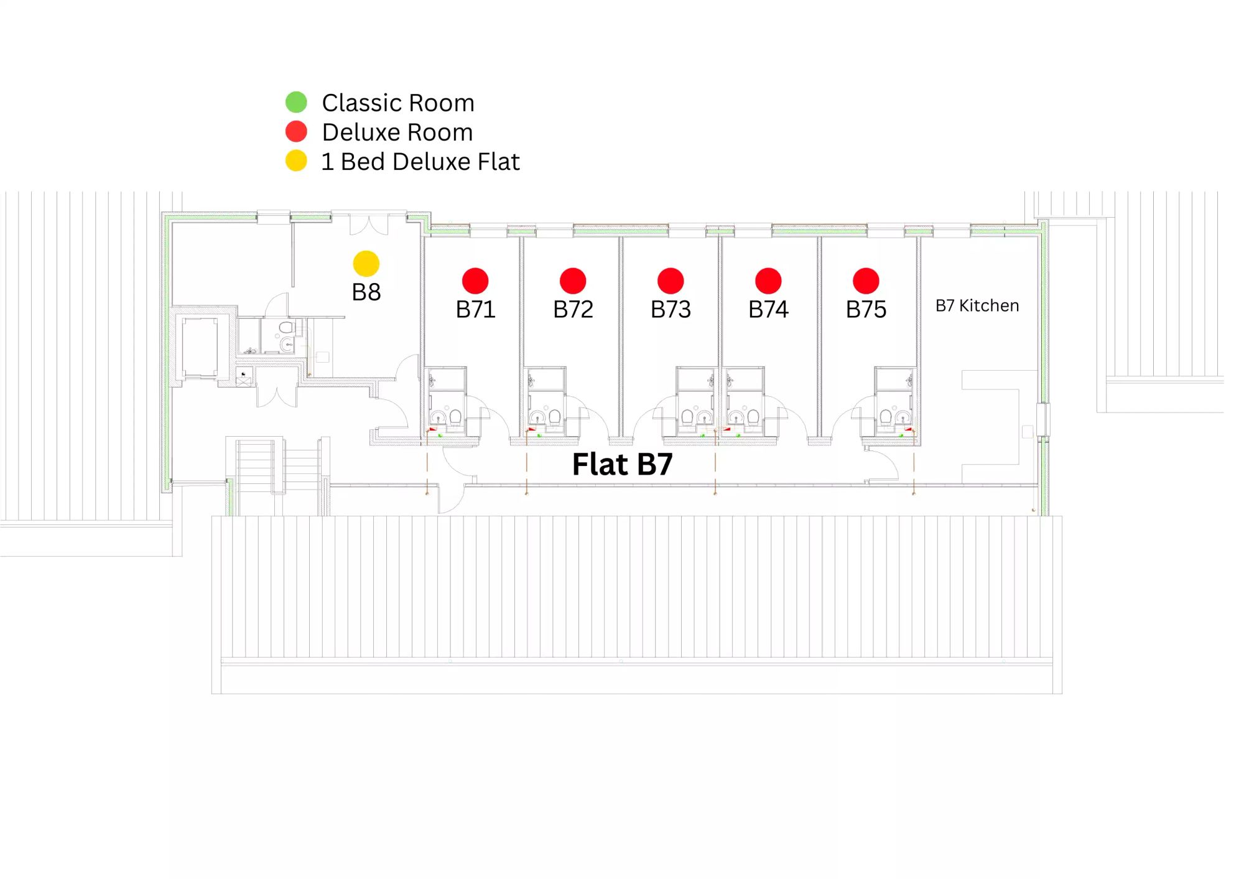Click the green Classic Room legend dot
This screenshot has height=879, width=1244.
296,102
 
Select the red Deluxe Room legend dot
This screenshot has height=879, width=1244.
296,131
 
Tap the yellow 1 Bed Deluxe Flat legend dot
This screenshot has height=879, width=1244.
296,160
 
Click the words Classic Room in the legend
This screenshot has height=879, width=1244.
398,103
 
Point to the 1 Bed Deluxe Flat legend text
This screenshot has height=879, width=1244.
420,162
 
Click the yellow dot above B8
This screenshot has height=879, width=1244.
366,264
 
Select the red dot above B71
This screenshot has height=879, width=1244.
475,281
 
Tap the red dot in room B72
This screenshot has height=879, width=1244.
573,281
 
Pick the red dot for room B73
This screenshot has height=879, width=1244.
671,281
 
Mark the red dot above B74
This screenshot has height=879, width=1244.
768,281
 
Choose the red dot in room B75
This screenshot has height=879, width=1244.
866,281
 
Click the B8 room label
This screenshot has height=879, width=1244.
366,292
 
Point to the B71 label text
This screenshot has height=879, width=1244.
475,309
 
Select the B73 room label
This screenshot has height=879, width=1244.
671,309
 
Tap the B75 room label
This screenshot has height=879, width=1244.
866,309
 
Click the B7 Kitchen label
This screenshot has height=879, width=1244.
977,305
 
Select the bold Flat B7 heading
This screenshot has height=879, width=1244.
622,464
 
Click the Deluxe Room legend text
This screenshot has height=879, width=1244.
397,132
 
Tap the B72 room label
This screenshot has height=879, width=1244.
573,309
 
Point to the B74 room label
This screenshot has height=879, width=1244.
768,309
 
